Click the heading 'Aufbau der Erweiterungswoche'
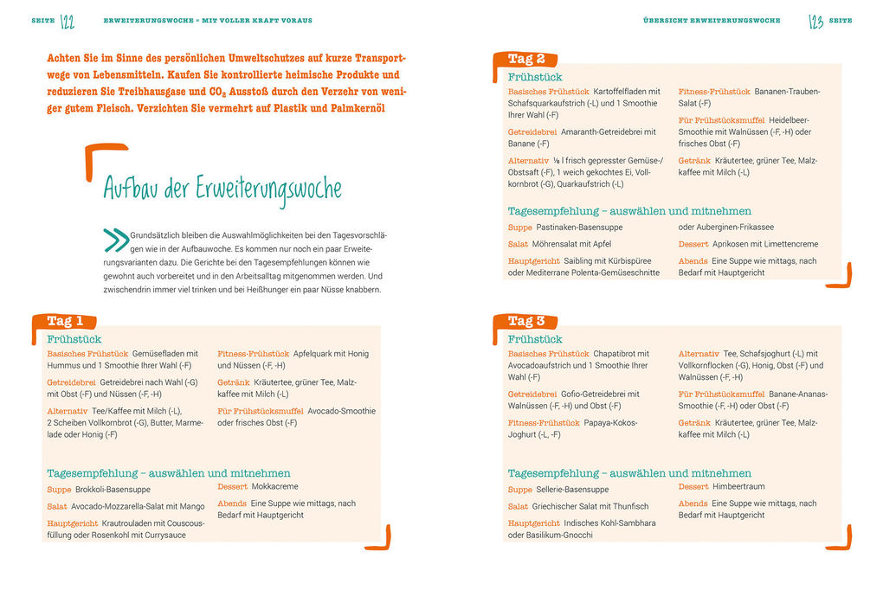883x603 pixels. pos(222,189)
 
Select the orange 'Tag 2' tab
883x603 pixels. pos(525,59)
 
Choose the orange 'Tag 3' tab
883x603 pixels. pos(525,321)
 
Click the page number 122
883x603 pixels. pos(68,21)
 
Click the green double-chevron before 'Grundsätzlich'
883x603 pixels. pos(115,238)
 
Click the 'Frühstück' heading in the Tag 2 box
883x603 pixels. pos(534,77)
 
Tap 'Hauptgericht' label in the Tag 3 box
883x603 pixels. pos(533,523)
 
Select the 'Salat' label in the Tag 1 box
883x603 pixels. pos(57,506)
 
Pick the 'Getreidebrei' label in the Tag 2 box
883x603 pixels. pos(532,132)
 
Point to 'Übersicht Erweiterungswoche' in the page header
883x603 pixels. pos(712,21)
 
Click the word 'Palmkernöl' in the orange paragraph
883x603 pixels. pos(355,108)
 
